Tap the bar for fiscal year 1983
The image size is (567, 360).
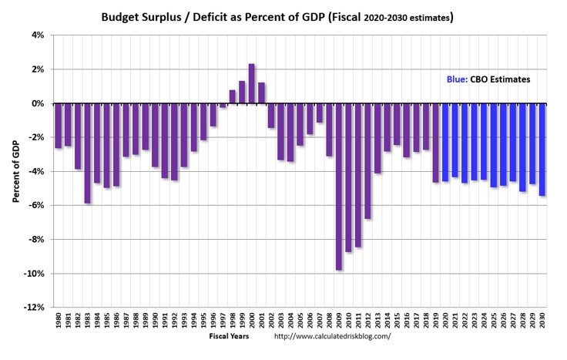[88, 153]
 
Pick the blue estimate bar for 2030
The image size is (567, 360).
[542, 150]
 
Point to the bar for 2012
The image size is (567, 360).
[368, 161]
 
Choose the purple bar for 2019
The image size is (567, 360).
[436, 143]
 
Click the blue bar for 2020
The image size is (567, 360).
[445, 143]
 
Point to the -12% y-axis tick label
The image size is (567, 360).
[35, 308]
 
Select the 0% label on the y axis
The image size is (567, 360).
[39, 103]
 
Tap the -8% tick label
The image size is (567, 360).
[37, 240]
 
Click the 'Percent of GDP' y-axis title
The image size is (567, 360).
[15, 171]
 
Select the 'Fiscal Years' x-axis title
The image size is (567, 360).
[229, 336]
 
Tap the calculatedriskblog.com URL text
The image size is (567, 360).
[332, 336]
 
